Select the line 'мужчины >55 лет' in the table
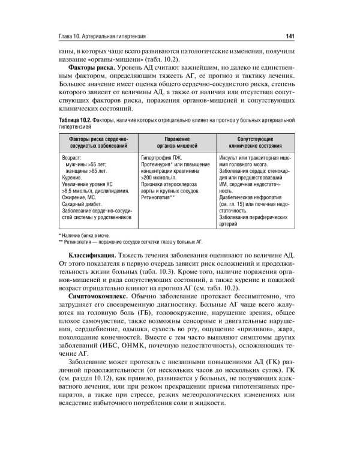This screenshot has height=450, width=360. [x=88, y=164]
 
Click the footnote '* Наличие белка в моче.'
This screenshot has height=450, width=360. [x=92, y=236]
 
